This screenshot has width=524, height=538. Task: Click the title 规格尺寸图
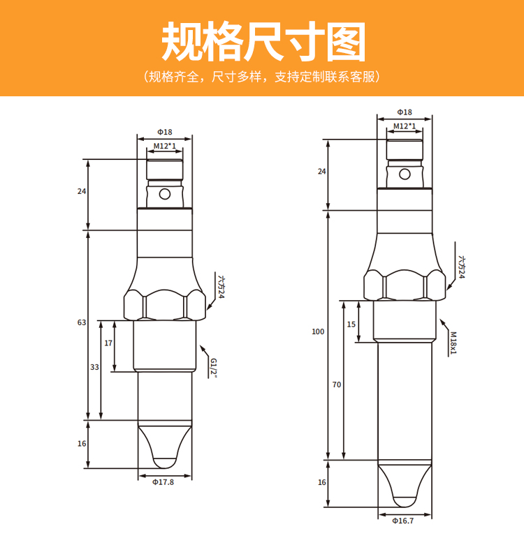263,41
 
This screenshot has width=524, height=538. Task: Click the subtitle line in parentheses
262,76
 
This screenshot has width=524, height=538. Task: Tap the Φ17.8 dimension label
163,481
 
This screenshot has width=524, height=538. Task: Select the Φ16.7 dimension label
404,520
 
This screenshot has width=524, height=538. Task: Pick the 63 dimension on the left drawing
81,322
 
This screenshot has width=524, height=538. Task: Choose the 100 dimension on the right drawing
318,331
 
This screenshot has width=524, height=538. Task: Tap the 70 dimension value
336,384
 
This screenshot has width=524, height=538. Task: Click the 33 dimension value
94,367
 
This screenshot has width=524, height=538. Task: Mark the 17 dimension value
108,343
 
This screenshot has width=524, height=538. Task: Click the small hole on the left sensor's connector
164,194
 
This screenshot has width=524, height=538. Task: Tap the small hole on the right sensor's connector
404,174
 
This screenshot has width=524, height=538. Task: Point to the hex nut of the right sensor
404,285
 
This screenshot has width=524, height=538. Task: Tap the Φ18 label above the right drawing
404,112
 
